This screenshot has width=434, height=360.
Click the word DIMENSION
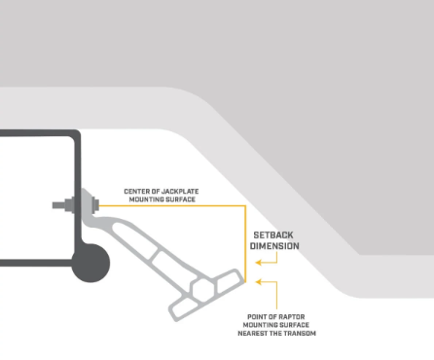pyautogui.click(x=274, y=246)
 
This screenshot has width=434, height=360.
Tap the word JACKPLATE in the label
pyautogui.click(x=180, y=192)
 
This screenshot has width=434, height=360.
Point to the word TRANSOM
pyautogui.click(x=300, y=334)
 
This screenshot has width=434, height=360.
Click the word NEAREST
pyautogui.click(x=253, y=334)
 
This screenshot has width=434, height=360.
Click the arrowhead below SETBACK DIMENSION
pyautogui.click(x=259, y=263)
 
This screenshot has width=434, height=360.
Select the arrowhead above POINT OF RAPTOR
pyautogui.click(x=259, y=282)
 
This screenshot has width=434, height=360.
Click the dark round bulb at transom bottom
pyautogui.click(x=90, y=263)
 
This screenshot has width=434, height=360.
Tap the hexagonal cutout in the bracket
pyautogui.click(x=203, y=290)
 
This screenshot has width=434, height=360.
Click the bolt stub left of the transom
pyautogui.click(x=58, y=205)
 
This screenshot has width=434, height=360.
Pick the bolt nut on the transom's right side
pyautogui.click(x=96, y=205)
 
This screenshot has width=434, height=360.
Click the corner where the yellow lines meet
pyautogui.click(x=245, y=205)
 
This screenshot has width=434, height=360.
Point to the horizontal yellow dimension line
pyautogui.click(x=172, y=205)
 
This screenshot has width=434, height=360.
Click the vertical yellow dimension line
pyautogui.click(x=245, y=243)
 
